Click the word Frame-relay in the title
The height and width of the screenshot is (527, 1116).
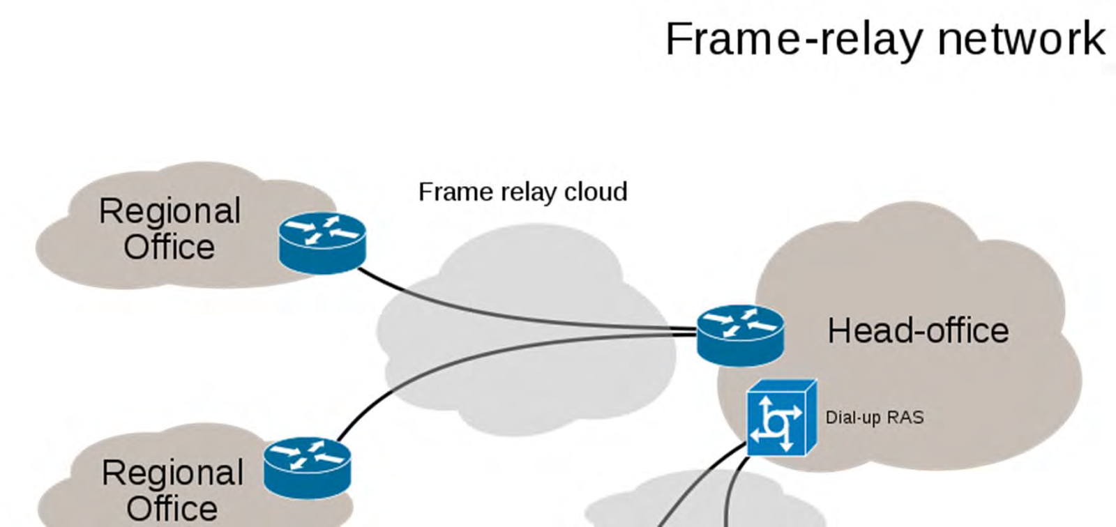pos(795,39)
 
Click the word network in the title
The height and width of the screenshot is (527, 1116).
pos(1021,39)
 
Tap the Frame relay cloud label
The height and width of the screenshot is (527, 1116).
pos(522,192)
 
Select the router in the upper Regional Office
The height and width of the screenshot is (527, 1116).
pos(322,243)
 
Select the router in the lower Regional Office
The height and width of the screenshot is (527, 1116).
pos(307,467)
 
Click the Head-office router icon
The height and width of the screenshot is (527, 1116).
pos(740,335)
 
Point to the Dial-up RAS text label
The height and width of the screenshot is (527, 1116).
pos(875,418)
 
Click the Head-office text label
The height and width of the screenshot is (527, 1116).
pos(918,330)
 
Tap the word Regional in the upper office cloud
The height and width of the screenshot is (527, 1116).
pos(169,211)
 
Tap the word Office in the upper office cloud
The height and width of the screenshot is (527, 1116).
pos(169,247)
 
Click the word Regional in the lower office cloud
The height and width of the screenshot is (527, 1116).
pos(172,473)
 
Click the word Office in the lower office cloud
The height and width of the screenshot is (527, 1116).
pos(172,508)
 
